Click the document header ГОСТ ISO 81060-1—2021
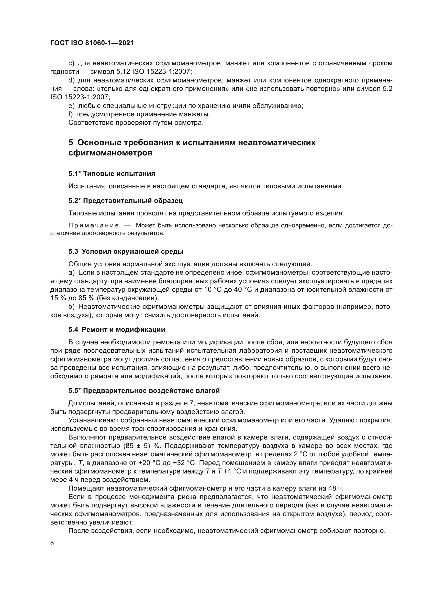click(x=92, y=43)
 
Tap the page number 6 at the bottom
click(x=52, y=543)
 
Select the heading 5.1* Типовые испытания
click(x=112, y=174)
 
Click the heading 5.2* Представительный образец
click(x=126, y=201)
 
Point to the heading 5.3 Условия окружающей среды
click(x=126, y=251)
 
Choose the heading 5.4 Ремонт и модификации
click(x=117, y=330)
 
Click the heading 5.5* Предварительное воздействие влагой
click(x=144, y=391)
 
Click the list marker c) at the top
click(x=71, y=64)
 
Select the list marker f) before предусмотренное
click(x=71, y=114)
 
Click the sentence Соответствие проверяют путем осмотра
click(x=136, y=123)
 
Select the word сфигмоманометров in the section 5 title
click(x=110, y=153)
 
